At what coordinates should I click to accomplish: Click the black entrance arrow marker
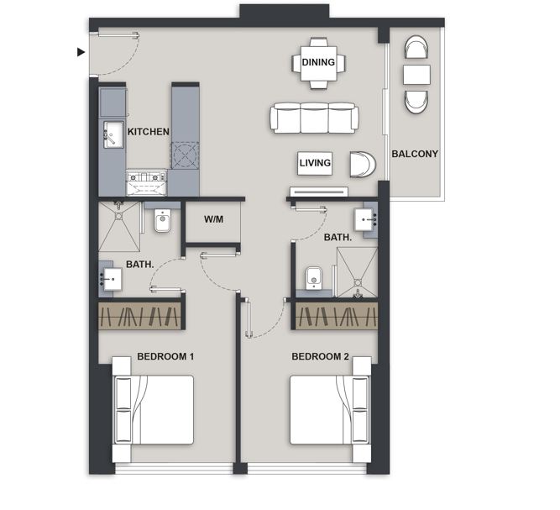[81, 52]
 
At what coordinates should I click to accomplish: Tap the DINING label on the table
[318, 62]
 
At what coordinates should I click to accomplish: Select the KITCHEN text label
[149, 132]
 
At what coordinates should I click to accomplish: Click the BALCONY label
[415, 154]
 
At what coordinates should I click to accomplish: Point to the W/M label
[213, 219]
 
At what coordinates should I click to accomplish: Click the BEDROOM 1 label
[165, 356]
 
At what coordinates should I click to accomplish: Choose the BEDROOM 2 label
[321, 356]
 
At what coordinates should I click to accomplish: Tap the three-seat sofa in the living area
[314, 118]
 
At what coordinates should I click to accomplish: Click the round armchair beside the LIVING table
[363, 165]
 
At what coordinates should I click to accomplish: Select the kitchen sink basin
[113, 134]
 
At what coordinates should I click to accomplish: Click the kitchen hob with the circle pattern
[185, 155]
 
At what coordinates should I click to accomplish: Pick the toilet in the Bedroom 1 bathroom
[163, 220]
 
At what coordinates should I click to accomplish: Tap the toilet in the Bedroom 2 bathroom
[314, 278]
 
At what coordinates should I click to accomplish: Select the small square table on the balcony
[416, 75]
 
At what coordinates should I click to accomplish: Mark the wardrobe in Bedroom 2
[337, 316]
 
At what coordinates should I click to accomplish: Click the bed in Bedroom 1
[154, 409]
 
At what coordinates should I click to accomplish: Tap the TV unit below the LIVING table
[319, 192]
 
